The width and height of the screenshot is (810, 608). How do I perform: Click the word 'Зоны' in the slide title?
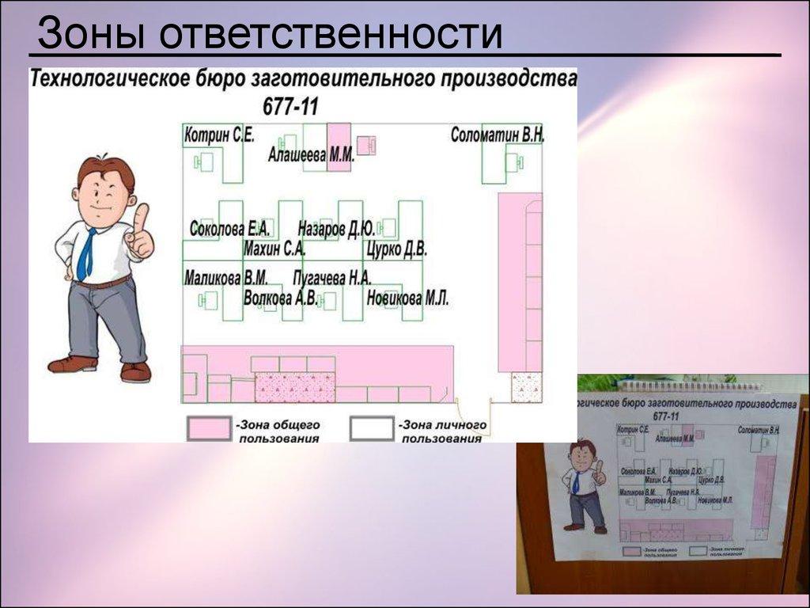[x=89, y=36]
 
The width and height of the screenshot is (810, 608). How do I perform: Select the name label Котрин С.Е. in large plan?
[x=219, y=135]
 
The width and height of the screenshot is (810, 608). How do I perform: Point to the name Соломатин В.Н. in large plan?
[x=498, y=135]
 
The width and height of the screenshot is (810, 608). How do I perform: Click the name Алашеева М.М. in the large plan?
[x=311, y=156]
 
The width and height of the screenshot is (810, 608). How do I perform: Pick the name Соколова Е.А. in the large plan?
[x=230, y=230]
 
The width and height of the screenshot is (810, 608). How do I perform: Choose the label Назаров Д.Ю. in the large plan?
[x=336, y=230]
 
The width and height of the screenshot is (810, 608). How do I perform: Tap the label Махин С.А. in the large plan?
[x=274, y=250]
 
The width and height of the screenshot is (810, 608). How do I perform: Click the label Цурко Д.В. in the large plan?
[x=396, y=250]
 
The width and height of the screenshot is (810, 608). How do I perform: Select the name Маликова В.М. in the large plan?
[x=225, y=278]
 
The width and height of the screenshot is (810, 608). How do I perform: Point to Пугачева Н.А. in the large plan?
[x=331, y=278]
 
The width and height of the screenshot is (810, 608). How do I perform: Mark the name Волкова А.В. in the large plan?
[x=280, y=298]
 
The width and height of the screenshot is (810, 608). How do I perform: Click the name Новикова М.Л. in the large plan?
[x=407, y=298]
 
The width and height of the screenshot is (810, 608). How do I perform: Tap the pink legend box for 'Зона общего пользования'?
[x=208, y=428]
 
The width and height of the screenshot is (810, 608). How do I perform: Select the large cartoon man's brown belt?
[x=100, y=283]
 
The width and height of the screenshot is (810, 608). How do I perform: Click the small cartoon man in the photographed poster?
[x=584, y=485]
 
